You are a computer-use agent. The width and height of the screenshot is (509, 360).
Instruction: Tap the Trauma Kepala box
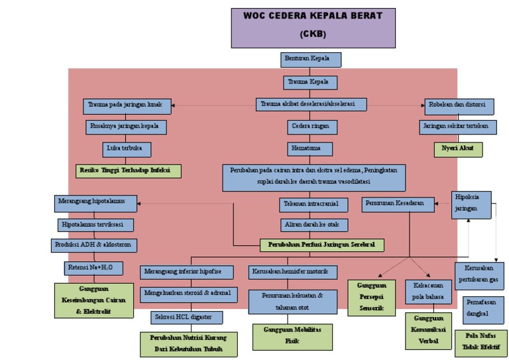[x=310, y=83]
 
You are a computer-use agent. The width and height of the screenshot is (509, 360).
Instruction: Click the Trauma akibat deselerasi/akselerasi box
[x=311, y=104]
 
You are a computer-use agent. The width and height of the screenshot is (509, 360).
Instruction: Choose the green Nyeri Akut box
[x=458, y=149]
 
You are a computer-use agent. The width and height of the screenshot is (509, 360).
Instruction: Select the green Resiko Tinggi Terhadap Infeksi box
[x=128, y=170]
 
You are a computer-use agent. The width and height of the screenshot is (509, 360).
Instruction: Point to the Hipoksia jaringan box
[x=472, y=204]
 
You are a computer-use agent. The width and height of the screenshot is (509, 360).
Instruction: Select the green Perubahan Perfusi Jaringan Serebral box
[x=321, y=245]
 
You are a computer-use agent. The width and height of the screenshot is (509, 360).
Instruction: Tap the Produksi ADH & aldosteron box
[x=95, y=245]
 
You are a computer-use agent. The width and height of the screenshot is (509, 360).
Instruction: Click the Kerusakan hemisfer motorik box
[x=294, y=272]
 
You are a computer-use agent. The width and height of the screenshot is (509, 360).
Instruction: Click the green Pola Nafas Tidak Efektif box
[x=481, y=343]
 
